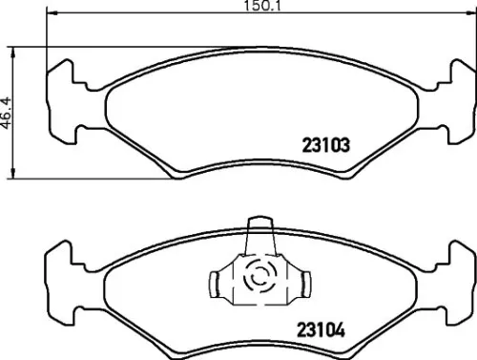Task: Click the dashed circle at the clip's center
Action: coord(259,278)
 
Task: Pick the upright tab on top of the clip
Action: coord(259,234)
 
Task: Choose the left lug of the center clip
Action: coord(217,282)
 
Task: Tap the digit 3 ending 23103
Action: coord(348,146)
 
